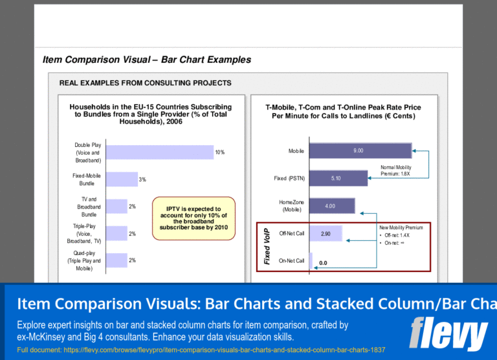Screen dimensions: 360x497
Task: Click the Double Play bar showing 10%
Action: [x=159, y=152]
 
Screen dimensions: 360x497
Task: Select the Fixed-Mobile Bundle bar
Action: [x=121, y=179]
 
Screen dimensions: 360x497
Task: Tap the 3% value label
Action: [x=142, y=179]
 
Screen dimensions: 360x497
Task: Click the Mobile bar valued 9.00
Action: [x=360, y=150]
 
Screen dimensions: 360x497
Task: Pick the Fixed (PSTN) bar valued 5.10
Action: [x=338, y=178]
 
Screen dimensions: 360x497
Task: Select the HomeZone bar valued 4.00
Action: [x=332, y=206]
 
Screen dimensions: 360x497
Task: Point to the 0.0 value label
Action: [x=323, y=263]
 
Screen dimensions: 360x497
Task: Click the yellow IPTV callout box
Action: [x=193, y=218]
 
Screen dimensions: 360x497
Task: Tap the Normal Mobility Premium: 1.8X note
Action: [x=395, y=170]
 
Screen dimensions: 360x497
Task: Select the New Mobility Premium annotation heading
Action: [x=401, y=228]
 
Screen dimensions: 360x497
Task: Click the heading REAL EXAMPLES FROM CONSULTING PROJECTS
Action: [x=145, y=83]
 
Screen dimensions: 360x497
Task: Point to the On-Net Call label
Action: [x=291, y=261]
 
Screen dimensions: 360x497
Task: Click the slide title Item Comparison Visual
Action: [x=146, y=60]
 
